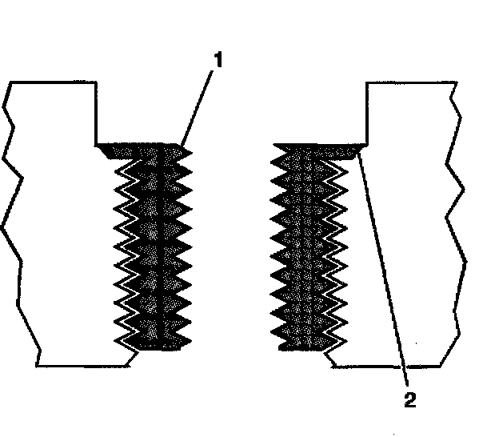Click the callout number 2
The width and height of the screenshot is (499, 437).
[x=409, y=398]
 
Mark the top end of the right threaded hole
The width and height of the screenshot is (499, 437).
[x=316, y=147]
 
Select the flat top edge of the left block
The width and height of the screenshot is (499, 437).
[x=52, y=82]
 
